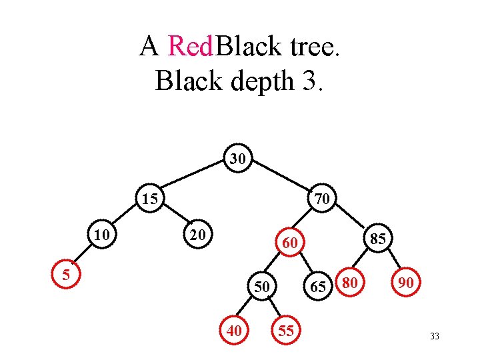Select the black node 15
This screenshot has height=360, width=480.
(x=150, y=199)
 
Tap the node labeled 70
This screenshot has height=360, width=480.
(x=321, y=198)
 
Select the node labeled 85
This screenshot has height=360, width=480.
(x=377, y=238)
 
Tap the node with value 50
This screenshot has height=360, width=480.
(x=262, y=287)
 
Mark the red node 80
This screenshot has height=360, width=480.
(x=351, y=283)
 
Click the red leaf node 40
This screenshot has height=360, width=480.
(x=234, y=330)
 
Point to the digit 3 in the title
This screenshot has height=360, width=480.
(x=307, y=81)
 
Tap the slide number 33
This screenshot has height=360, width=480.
(x=435, y=337)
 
